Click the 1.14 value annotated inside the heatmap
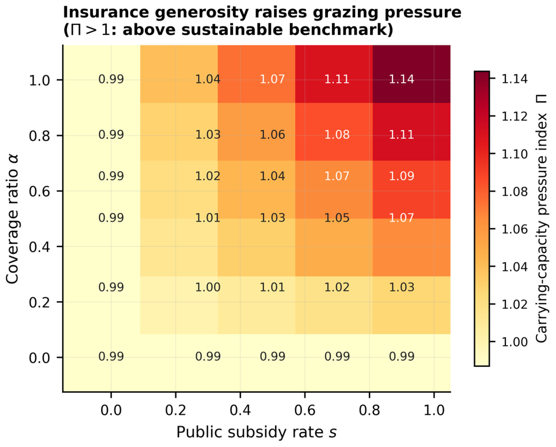click(x=402, y=79)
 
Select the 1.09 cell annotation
click(x=402, y=176)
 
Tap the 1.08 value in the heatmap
click(x=337, y=135)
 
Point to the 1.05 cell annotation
click(x=337, y=218)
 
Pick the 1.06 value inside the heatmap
click(x=272, y=135)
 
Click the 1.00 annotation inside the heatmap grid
click(x=208, y=287)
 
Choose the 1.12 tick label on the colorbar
click(x=514, y=116)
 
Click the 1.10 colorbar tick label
click(x=514, y=154)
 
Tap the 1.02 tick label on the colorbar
click(x=514, y=304)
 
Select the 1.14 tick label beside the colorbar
click(x=514, y=79)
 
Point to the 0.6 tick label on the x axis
click(x=305, y=411)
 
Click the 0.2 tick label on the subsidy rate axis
click(x=175, y=411)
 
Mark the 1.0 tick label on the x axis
click(x=434, y=411)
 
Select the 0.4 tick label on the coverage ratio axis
click(x=40, y=247)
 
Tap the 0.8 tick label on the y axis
click(x=40, y=136)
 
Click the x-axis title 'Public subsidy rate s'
click(x=256, y=432)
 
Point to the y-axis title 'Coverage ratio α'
click(x=12, y=219)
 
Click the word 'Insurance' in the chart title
click(x=106, y=13)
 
